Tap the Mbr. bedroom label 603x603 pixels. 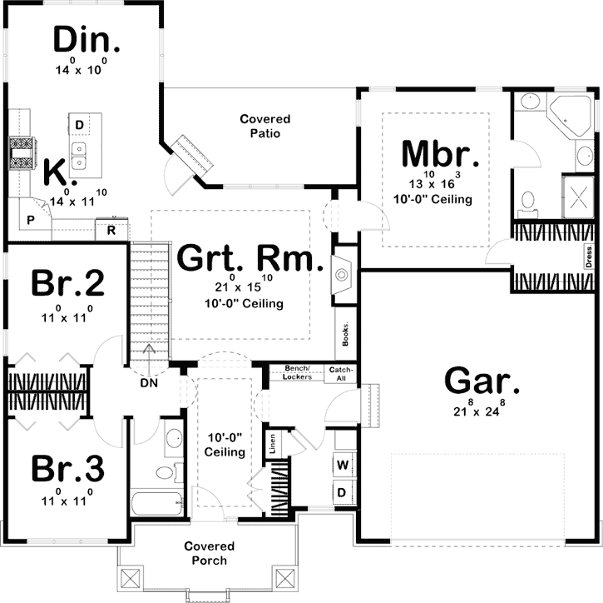point(439,154)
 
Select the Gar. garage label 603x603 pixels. point(482,381)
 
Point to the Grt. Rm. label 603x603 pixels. point(250,261)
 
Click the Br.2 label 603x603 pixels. point(67,285)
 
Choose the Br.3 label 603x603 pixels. point(67,469)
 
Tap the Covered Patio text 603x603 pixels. point(259,127)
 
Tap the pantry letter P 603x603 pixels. point(31,220)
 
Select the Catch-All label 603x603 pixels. point(341,373)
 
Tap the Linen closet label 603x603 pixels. point(271,443)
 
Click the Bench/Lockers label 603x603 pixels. point(298,372)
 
